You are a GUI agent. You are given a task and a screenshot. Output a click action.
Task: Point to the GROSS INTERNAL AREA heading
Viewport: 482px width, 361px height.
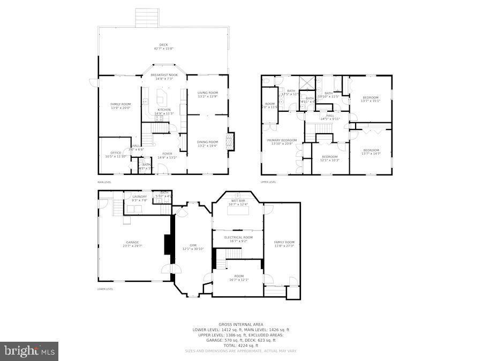(240, 324)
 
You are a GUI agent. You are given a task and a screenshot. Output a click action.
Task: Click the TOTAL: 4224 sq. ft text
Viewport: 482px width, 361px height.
(240, 345)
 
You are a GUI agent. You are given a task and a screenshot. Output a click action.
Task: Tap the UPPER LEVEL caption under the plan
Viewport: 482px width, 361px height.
(268, 182)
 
